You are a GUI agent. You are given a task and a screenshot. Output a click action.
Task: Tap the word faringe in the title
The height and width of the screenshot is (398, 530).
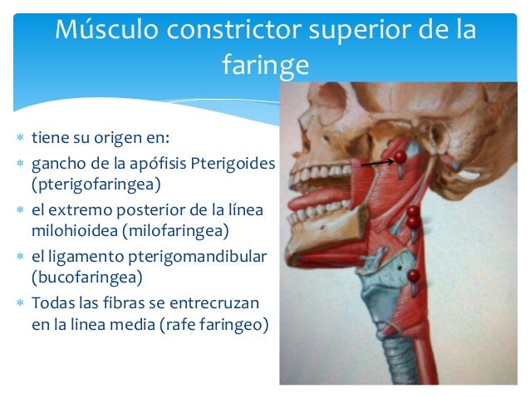[x=265, y=65]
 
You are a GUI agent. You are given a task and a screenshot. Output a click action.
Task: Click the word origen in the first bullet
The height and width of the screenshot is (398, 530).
[x=125, y=137]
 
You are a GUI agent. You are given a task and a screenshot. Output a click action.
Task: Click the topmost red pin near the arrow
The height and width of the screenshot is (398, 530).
[x=400, y=155]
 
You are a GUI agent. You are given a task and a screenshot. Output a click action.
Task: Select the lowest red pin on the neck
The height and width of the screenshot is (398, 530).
[x=414, y=275]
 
